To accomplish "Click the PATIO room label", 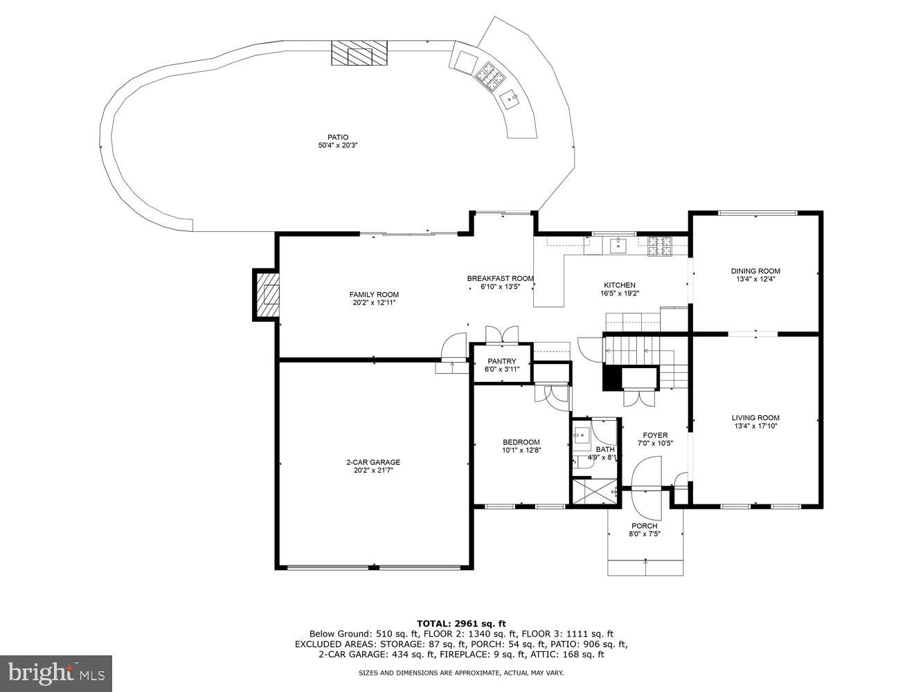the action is (x=338, y=137).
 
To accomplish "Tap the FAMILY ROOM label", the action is (x=374, y=295).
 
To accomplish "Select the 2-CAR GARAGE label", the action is (x=373, y=462).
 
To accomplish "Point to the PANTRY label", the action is (x=501, y=361).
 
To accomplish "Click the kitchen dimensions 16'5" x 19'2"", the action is (x=620, y=293).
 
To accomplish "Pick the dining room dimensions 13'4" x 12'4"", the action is (x=755, y=279).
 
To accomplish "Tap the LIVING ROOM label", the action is (x=755, y=418).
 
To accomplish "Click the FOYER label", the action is (x=655, y=435).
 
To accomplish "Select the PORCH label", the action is (x=644, y=526).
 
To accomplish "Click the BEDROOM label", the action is (x=521, y=442).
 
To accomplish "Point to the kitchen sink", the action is (x=618, y=246).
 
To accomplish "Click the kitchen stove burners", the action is (x=659, y=246).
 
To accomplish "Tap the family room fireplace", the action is (x=266, y=295).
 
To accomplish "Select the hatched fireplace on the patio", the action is (x=359, y=53).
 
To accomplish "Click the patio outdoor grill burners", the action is (x=490, y=77).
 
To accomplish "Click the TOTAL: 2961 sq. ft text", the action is (x=461, y=623).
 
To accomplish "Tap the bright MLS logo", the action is (x=56, y=673).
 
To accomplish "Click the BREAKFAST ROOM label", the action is (x=501, y=278).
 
